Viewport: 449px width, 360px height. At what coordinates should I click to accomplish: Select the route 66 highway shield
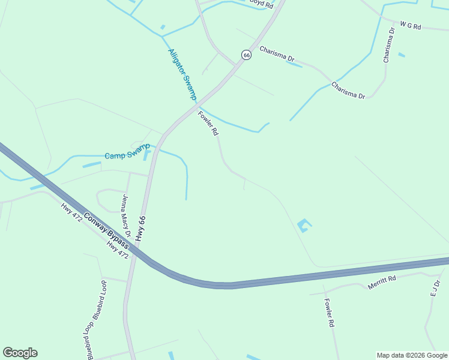(246, 55)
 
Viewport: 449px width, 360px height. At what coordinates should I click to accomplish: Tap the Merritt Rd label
(382, 281)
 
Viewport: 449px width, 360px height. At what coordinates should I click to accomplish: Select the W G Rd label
(411, 26)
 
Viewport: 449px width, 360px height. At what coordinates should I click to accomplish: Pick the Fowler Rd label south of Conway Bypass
(329, 313)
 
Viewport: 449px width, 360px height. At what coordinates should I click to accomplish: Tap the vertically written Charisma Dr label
(389, 44)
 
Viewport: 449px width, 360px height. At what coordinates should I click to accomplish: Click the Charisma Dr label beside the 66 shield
(277, 59)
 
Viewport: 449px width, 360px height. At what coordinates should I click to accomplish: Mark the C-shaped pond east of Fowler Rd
(304, 226)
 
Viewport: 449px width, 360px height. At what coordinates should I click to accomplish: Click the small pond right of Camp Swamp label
(147, 155)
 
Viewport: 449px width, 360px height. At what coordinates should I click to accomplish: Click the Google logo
(20, 353)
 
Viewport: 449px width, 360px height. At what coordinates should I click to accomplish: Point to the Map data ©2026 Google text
(412, 355)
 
